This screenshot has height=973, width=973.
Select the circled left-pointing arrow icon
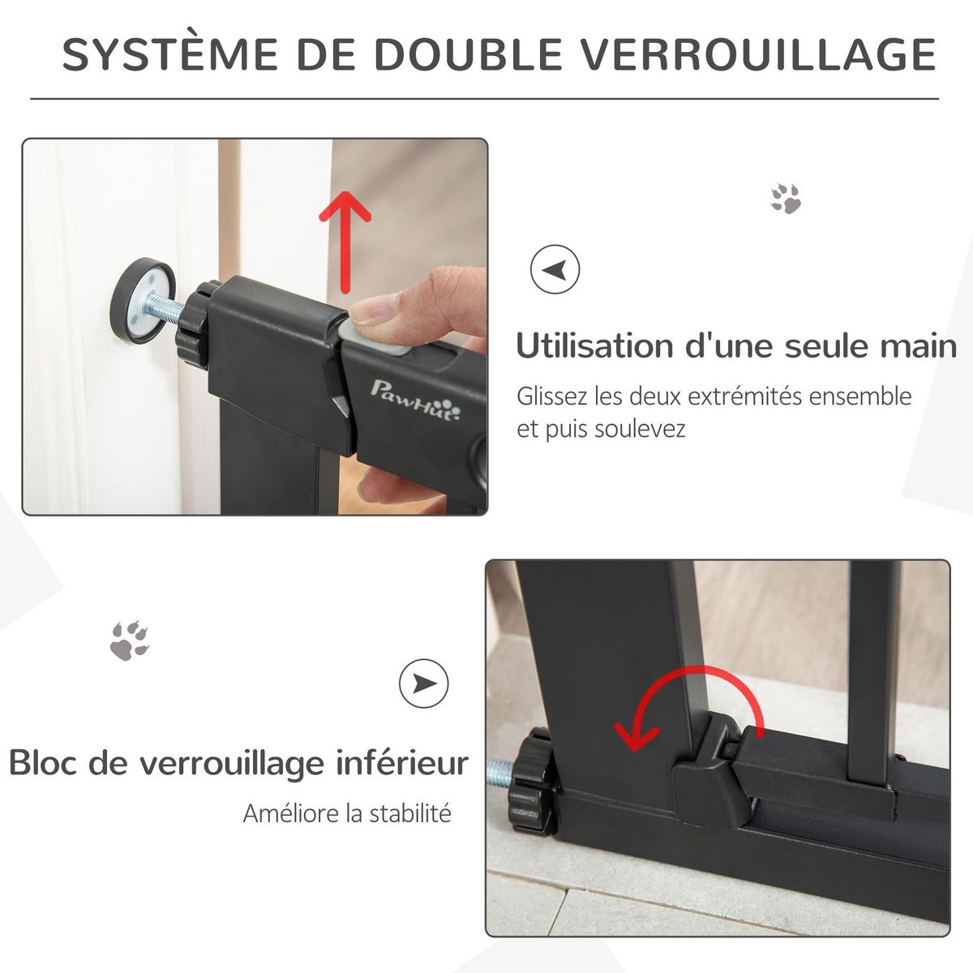point(555,269)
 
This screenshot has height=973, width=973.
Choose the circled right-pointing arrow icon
point(423,684)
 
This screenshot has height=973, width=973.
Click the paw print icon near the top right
point(786,199)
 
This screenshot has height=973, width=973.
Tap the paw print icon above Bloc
point(130,640)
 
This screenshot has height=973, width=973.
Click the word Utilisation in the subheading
point(595,346)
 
